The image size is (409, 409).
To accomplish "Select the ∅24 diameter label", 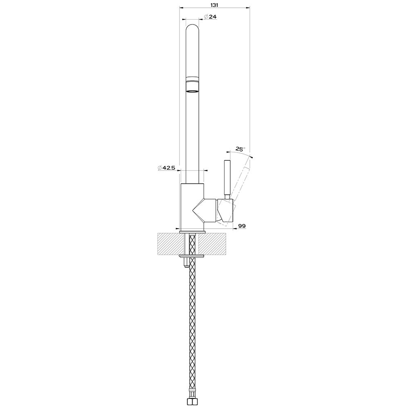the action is coord(210,17).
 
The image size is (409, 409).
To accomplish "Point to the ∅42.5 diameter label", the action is coord(166,168).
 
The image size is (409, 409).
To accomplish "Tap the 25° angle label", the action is coord(240,149).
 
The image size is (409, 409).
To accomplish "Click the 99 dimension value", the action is coord(242,226).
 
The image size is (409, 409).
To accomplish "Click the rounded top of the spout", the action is coord(193,29).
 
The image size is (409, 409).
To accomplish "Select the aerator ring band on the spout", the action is coord(193,85).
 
